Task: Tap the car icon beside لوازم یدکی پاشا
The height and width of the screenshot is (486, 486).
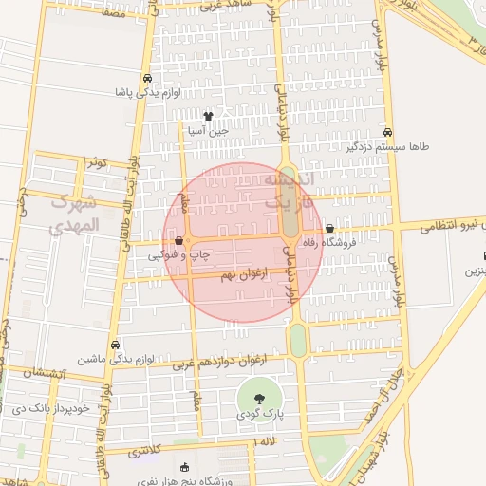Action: pos(147,79)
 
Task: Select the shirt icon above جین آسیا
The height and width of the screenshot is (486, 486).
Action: pos(208,116)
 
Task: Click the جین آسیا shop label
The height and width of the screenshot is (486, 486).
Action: pos(208,131)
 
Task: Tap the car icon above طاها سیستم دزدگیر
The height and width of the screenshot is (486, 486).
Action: pos(387,133)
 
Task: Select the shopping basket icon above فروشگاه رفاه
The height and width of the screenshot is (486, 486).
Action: pos(329,229)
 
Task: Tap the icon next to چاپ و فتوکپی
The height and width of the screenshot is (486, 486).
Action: pos(178,241)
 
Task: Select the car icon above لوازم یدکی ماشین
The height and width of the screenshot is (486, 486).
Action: pos(115,345)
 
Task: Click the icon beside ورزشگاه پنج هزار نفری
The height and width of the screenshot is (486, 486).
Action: pos(184,467)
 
